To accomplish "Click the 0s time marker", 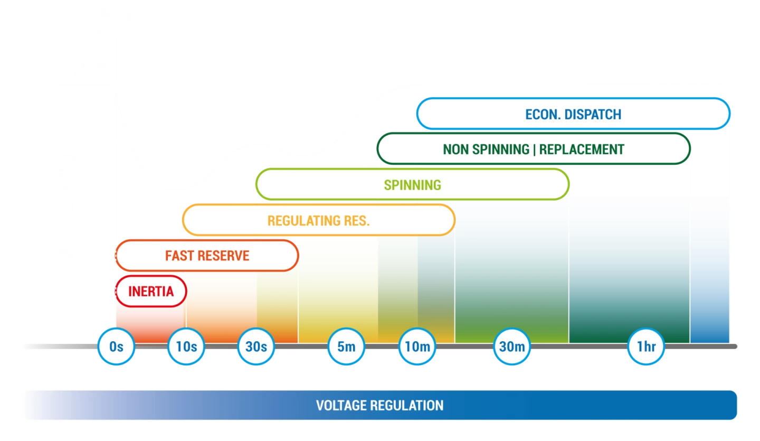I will tap(116, 347).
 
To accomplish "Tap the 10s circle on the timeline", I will tap(186, 347).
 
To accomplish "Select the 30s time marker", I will tap(256, 347).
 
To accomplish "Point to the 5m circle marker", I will tap(346, 347).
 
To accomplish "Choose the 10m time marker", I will tap(416, 347).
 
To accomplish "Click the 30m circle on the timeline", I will tap(512, 347).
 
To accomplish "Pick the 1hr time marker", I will tap(646, 347).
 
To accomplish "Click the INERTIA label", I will tap(151, 291).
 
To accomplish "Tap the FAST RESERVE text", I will tap(207, 256).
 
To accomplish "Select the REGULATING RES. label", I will tap(318, 220).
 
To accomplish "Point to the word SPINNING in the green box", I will tap(412, 185).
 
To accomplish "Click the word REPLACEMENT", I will tap(582, 149).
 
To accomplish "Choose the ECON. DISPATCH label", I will tap(573, 115).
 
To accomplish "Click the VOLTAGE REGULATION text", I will tap(379, 406).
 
